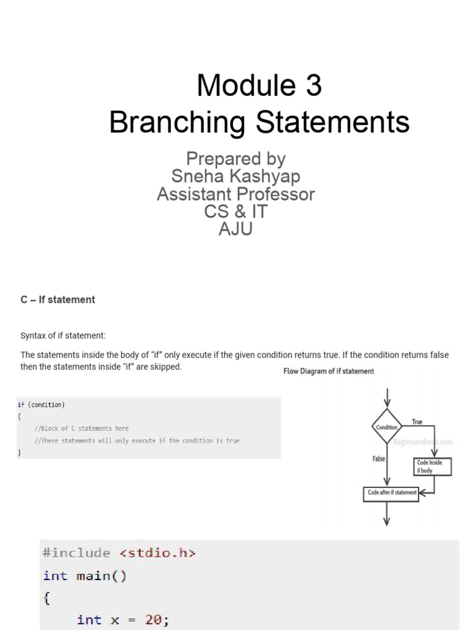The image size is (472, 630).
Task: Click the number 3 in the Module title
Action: tap(312, 86)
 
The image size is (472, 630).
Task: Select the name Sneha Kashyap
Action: tap(236, 177)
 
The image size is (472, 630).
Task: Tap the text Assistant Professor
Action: tap(236, 194)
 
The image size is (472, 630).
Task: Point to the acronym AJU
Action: tap(236, 229)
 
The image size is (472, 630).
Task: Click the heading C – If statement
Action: tap(58, 300)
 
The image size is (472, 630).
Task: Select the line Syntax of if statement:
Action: tap(63, 335)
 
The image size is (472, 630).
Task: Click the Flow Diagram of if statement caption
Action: tap(328, 371)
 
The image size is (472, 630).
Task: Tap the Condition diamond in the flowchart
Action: tap(387, 427)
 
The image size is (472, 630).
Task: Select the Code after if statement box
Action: tap(391, 493)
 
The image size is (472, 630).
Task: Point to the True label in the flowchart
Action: tap(417, 422)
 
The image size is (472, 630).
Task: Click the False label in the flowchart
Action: tap(379, 459)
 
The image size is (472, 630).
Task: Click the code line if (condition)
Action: tap(41, 405)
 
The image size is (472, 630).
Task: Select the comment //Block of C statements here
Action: tap(82, 428)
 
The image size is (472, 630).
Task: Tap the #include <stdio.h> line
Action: tap(119, 552)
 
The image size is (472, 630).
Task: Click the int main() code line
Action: tap(85, 576)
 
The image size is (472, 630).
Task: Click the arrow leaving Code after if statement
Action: tap(387, 514)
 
